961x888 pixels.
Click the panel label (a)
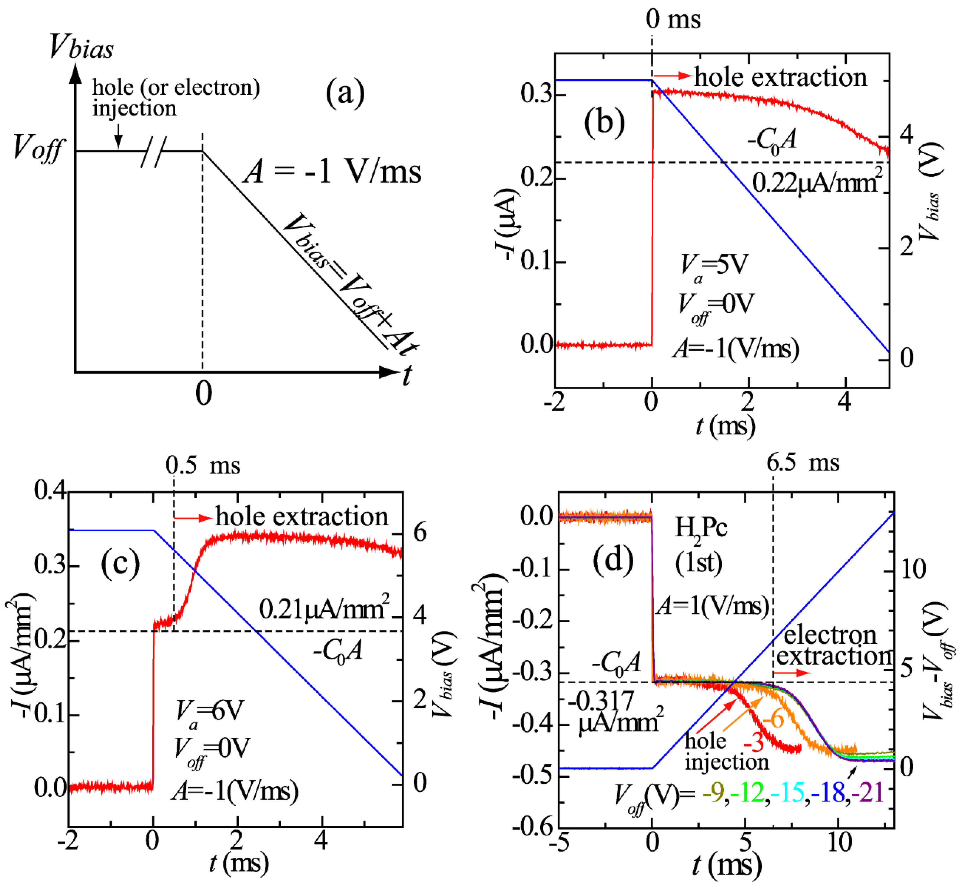[345, 92]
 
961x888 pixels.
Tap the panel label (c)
[120, 563]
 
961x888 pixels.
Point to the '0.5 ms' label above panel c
[203, 465]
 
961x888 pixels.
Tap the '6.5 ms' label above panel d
[803, 462]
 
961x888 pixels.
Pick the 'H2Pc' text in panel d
[700, 529]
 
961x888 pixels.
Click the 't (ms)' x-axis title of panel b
[726, 426]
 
